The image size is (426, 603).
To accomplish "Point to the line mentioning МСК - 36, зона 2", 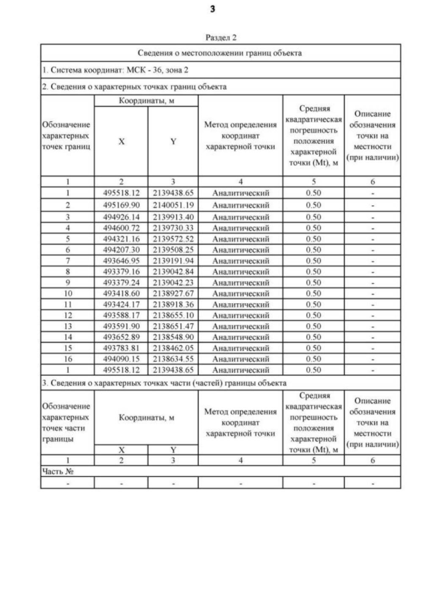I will point(106,69).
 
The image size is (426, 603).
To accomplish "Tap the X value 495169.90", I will point(120,205).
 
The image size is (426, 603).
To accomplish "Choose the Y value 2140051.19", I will point(172,205).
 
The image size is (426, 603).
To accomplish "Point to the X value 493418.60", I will point(120,293).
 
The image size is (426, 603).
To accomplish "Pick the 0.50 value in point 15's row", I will point(313,347).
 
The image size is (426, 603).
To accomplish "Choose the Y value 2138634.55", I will point(172,358).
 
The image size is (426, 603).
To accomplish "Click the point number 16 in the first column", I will point(67,358).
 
